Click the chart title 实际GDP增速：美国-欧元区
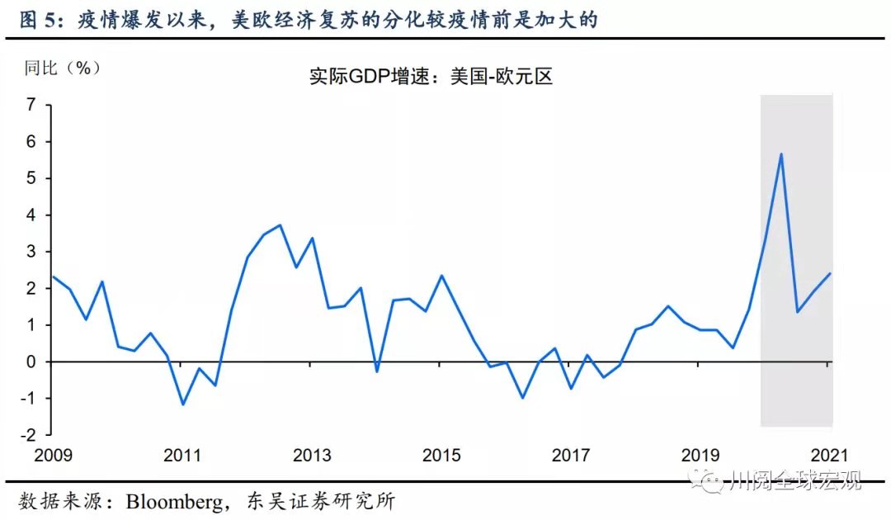point(431,77)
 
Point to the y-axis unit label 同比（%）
point(63,68)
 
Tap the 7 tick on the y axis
point(31,105)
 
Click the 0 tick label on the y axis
point(31,362)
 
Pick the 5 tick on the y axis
point(31,178)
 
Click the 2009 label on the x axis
point(53,456)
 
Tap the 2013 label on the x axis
point(312,456)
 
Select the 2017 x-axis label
point(570,456)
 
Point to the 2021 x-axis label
point(828,456)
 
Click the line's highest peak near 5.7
point(780,154)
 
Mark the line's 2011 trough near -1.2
point(182,404)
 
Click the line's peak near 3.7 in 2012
point(280,225)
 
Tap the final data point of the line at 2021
point(830,274)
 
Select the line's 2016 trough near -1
point(522,398)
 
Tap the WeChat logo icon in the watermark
point(709,480)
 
